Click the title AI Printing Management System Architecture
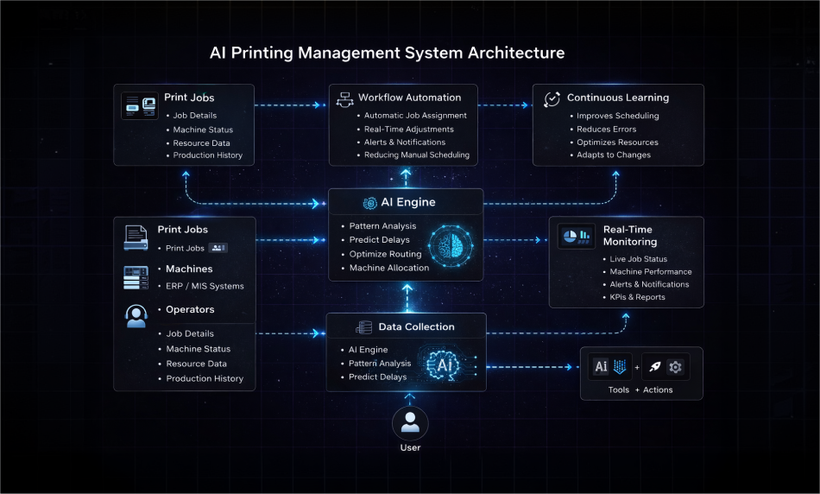[x=388, y=53]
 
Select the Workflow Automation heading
[x=410, y=98]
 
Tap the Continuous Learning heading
[x=617, y=98]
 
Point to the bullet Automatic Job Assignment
[x=415, y=116]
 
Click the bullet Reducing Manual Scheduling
[x=416, y=155]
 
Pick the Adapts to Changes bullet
[x=614, y=155]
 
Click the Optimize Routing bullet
[x=385, y=254]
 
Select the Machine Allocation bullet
[x=388, y=268]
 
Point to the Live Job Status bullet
[x=638, y=259]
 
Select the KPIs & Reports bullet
[x=637, y=297]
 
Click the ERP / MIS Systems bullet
[x=205, y=286]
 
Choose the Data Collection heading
[x=417, y=327]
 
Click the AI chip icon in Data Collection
[x=445, y=364]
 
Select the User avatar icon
[x=410, y=423]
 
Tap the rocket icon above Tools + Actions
[x=654, y=367]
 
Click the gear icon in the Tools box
[x=675, y=367]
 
